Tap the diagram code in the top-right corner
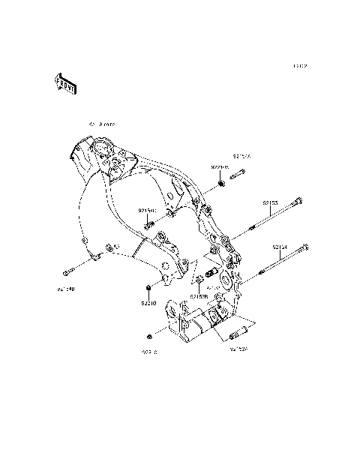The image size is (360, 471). (300, 66)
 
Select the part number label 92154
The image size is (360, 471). (280, 246)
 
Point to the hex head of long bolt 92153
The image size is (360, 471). (299, 201)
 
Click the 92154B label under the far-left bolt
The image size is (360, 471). (65, 286)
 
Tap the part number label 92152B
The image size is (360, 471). (199, 297)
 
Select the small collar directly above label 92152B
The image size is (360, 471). (199, 281)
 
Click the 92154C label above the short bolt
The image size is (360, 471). (147, 211)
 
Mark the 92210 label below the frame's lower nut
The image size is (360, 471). (149, 303)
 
